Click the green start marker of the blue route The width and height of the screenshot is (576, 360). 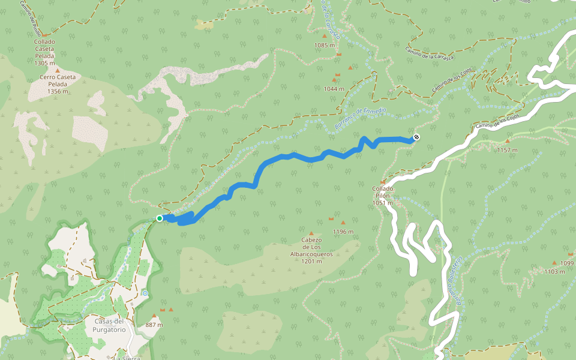click(160, 218)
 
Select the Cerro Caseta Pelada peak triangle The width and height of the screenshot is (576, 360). click(58, 70)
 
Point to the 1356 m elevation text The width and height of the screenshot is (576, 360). click(58, 91)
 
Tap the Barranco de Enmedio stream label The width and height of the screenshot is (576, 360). click(359, 118)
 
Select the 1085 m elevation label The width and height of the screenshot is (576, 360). click(325, 45)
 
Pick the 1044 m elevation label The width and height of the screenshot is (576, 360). click(334, 88)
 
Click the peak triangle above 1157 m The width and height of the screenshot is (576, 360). click(507, 141)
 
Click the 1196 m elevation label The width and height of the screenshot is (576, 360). click(343, 232)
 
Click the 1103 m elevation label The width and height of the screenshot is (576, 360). click(554, 271)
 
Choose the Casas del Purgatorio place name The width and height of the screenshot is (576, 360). click(110, 325)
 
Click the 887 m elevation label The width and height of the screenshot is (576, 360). click(154, 325)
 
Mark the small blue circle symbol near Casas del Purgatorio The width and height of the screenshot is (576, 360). click(145, 293)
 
